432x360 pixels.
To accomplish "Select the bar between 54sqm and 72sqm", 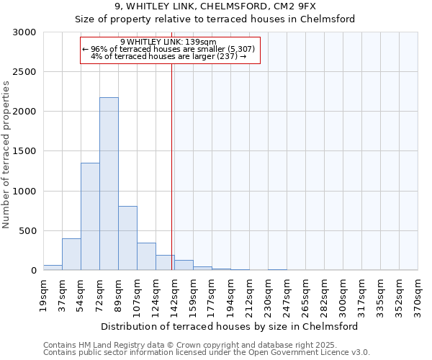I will (x=90, y=216).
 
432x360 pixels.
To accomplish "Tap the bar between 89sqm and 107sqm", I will (x=127, y=238).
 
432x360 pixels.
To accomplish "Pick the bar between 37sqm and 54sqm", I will (x=71, y=254).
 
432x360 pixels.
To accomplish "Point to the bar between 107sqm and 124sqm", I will (x=146, y=256).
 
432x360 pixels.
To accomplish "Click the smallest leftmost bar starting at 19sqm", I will (x=53, y=267).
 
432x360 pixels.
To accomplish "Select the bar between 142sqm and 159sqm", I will (x=184, y=265).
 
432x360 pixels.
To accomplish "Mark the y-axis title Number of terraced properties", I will (x=6, y=155).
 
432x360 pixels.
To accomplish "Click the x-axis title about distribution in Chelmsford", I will (x=230, y=326).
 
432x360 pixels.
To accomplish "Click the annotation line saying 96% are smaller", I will (x=168, y=49).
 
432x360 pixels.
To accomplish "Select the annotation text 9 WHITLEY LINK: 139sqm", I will (x=168, y=42).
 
